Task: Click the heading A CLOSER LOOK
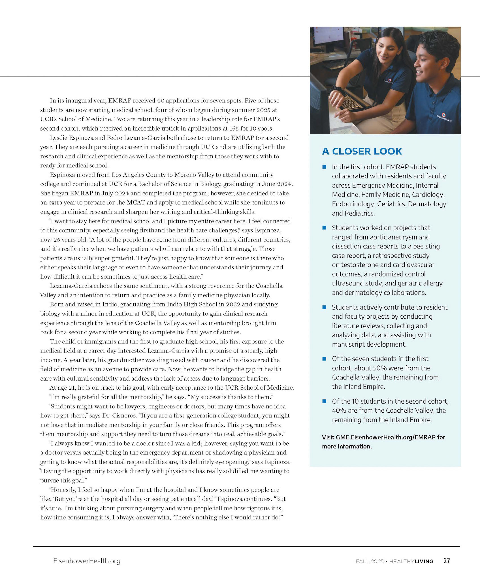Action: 362,151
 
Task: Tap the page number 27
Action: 447,561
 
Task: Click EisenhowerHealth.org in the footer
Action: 87,561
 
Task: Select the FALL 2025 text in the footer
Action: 370,561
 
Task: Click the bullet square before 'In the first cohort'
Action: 325,167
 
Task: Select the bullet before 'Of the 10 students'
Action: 325,401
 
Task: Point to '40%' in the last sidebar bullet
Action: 339,410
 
